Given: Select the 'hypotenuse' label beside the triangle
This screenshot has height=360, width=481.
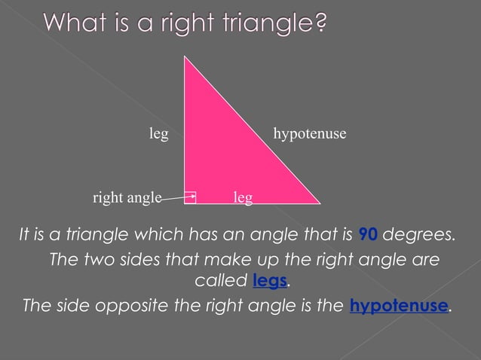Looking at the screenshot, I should [x=309, y=134].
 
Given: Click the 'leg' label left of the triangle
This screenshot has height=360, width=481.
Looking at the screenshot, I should [x=158, y=134].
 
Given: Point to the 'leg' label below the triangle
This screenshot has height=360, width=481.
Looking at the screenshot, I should [x=243, y=197].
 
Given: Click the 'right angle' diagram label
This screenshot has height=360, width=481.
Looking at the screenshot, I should [x=127, y=198].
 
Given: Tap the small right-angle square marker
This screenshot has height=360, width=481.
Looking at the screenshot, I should [x=190, y=197].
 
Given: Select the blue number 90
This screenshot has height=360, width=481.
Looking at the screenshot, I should [x=368, y=234].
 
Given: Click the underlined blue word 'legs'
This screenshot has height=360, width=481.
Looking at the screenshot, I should [x=270, y=282].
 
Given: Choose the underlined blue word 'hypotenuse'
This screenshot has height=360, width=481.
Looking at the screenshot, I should [x=399, y=307].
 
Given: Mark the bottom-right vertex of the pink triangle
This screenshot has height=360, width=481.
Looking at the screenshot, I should [x=320, y=203].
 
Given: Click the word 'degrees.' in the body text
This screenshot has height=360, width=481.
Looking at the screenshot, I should [x=419, y=234].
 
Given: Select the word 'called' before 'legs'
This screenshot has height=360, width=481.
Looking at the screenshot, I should [x=222, y=282].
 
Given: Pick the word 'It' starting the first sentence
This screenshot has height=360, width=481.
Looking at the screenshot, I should [x=24, y=234].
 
